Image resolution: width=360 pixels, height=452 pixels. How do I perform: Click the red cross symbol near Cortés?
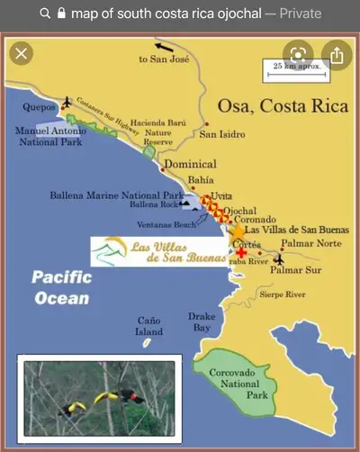tap(241, 253)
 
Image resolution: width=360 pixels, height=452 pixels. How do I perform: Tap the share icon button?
tap(336, 56)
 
